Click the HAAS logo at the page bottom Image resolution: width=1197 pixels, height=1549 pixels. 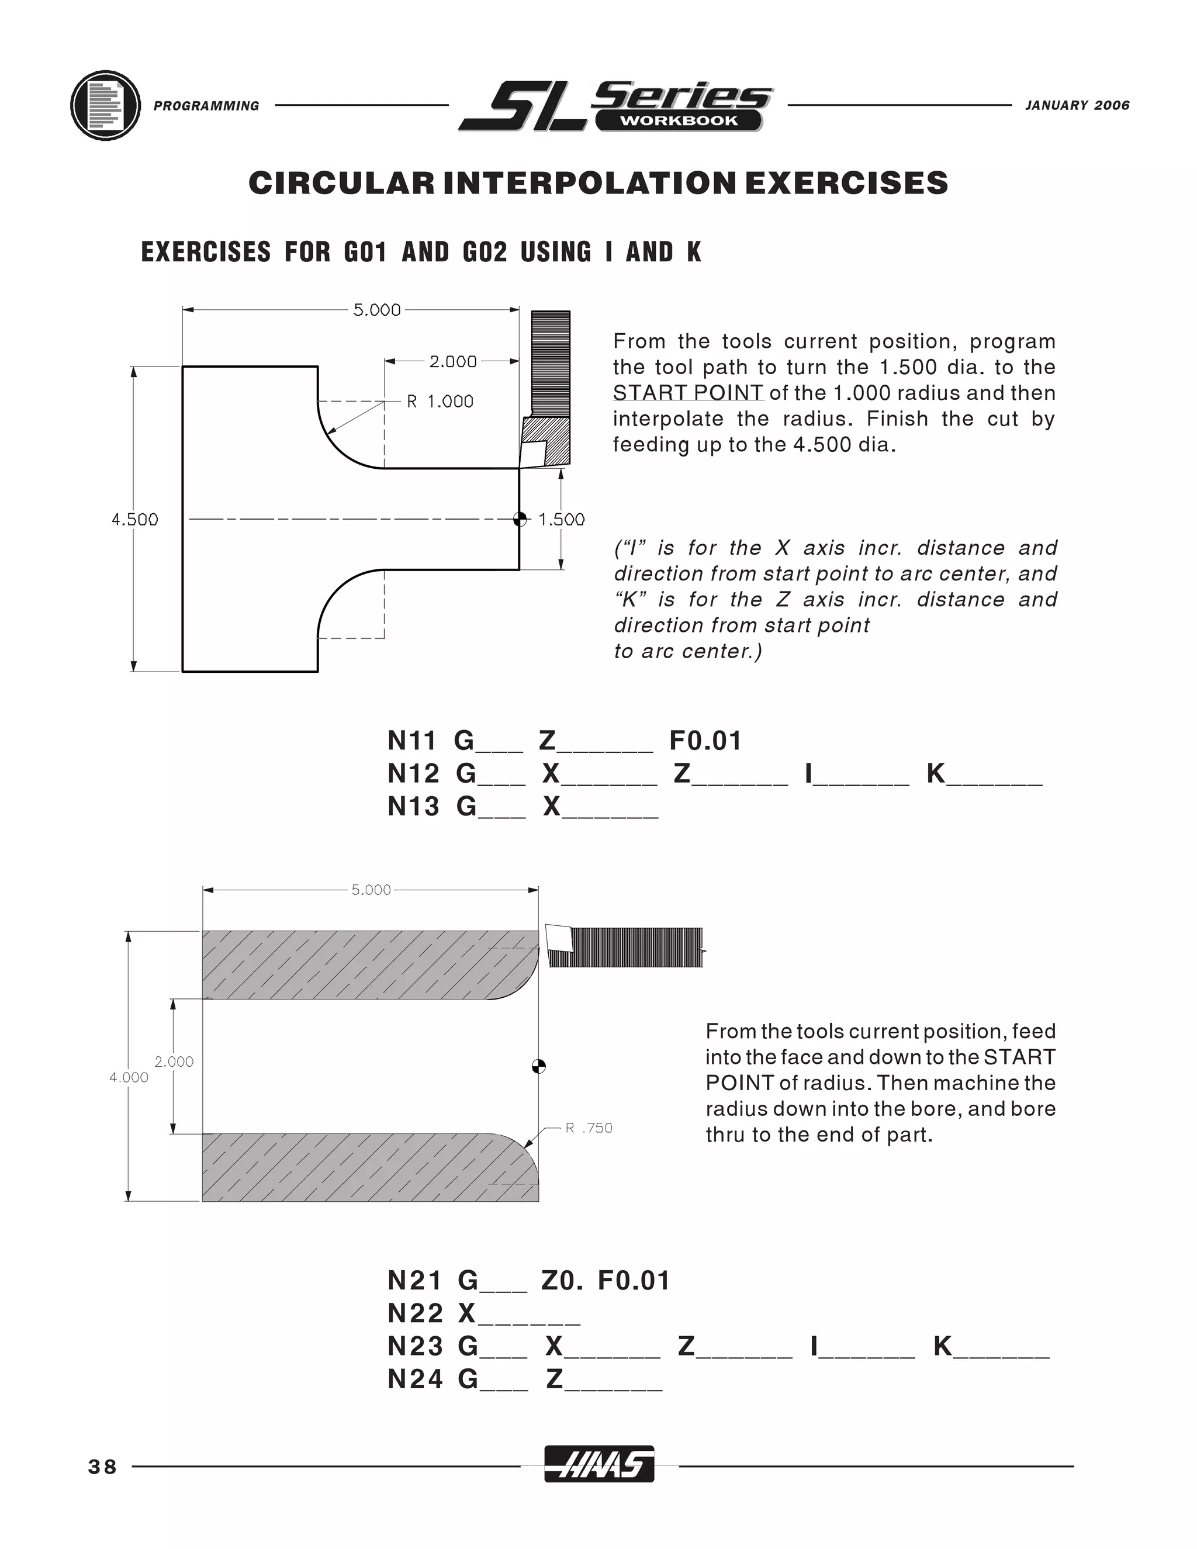click(599, 1464)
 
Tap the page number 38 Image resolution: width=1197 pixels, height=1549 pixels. click(103, 1467)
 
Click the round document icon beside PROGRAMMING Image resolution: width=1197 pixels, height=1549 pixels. click(106, 106)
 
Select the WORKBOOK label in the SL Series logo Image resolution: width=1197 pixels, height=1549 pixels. click(679, 120)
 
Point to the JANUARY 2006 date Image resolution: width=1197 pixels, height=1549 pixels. click(1077, 106)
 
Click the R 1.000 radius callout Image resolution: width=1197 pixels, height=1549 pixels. click(440, 402)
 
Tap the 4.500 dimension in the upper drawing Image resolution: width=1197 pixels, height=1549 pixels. click(135, 520)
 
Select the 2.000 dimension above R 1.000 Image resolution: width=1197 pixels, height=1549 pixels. click(452, 362)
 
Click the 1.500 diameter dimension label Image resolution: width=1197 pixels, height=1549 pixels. click(562, 520)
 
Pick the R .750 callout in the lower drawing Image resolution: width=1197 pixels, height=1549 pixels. click(589, 1128)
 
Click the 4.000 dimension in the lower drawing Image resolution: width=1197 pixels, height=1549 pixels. click(129, 1077)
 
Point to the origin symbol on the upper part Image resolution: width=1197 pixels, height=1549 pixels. click(520, 519)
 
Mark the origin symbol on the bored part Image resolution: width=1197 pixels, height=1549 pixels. click(539, 1066)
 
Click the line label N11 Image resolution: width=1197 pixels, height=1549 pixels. click(411, 741)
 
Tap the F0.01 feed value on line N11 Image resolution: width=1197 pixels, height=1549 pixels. click(705, 741)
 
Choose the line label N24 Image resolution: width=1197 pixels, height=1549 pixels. click(414, 1379)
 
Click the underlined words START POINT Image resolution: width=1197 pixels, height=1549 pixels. click(688, 393)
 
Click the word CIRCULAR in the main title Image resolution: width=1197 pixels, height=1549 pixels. click(341, 183)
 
